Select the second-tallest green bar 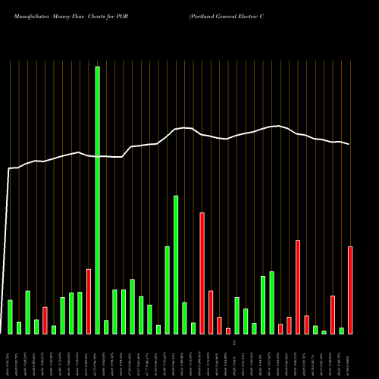tap(176, 265)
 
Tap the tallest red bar tap(202, 273)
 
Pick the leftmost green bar tap(10, 317)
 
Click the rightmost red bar tap(350, 290)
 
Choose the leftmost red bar tap(45, 320)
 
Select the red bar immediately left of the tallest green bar tap(89, 301)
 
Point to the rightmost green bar tap(342, 330)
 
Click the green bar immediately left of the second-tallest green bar tap(168, 290)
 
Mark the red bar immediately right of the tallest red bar tap(211, 312)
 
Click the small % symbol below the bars tap(236, 343)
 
